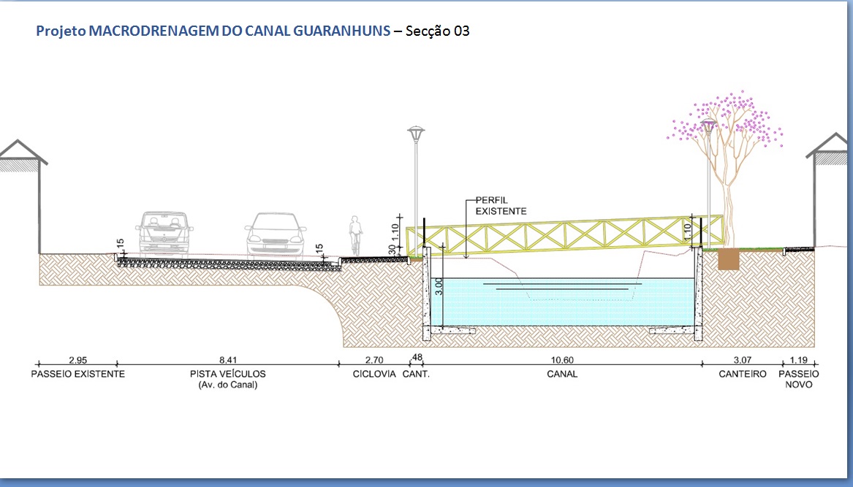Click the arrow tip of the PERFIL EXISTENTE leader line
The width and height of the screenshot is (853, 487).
pyautogui.click(x=466, y=258)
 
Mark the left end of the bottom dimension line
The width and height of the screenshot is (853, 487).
pyautogui.click(x=38, y=364)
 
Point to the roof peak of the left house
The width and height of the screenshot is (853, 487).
pyautogui.click(x=18, y=141)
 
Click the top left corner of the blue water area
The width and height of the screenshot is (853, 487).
pyautogui.click(x=431, y=279)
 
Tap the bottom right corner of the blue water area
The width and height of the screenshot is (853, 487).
pyautogui.click(x=694, y=326)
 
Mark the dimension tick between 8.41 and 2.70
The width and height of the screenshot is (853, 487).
pyautogui.click(x=338, y=364)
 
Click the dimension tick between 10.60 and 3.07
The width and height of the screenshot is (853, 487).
pyautogui.click(x=702, y=364)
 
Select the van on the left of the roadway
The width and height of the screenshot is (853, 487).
pyautogui.click(x=164, y=234)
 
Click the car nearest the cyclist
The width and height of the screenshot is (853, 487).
pyautogui.click(x=276, y=235)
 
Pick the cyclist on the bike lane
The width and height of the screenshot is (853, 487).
pyautogui.click(x=356, y=235)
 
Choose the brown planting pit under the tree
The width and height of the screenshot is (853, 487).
pyautogui.click(x=729, y=259)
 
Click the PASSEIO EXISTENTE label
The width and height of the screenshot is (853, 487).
pyautogui.click(x=77, y=374)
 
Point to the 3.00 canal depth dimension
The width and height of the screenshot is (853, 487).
pyautogui.click(x=439, y=286)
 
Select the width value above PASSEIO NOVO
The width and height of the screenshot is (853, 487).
pyautogui.click(x=799, y=360)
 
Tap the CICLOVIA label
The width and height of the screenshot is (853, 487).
pyautogui.click(x=374, y=374)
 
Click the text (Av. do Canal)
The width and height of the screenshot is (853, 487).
pyautogui.click(x=228, y=385)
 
